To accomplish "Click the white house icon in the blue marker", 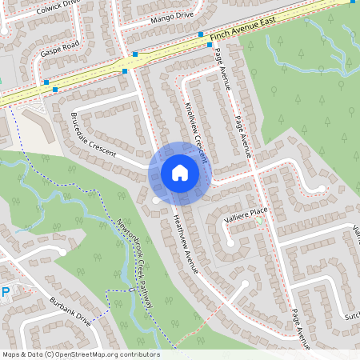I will coord(180,172).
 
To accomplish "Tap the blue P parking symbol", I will coord(5,293).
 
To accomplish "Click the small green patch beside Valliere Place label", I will coord(258,221).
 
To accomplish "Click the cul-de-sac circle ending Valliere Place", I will coord(230,241).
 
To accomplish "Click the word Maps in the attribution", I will coord(11,354).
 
